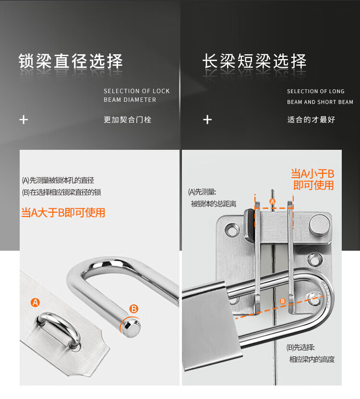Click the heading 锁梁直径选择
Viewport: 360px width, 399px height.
(x=71, y=61)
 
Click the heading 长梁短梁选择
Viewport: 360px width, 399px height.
(x=254, y=61)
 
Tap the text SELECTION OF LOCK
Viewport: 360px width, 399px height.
(x=137, y=91)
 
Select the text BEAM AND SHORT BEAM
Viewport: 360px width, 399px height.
(x=320, y=102)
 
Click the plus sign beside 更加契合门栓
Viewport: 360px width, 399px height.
(x=24, y=120)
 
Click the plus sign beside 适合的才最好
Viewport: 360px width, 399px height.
(x=207, y=120)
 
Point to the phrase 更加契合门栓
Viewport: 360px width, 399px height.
(x=128, y=120)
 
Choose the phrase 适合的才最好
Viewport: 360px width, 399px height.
(x=311, y=120)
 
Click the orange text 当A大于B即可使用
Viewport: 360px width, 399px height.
(x=63, y=213)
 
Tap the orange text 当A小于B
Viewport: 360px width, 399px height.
(x=312, y=174)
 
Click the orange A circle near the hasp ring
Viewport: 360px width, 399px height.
(x=36, y=302)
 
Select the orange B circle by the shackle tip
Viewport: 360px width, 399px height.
(x=134, y=309)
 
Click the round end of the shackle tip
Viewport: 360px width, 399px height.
(x=131, y=328)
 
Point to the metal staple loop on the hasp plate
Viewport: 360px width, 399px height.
(x=59, y=329)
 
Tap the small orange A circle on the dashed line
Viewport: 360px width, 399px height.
(x=273, y=202)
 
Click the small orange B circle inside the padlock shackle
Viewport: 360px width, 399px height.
(x=283, y=301)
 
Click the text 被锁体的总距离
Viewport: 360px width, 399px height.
(x=214, y=204)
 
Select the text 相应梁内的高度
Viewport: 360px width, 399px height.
(x=312, y=359)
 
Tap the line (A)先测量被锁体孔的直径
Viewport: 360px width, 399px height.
(x=58, y=181)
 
